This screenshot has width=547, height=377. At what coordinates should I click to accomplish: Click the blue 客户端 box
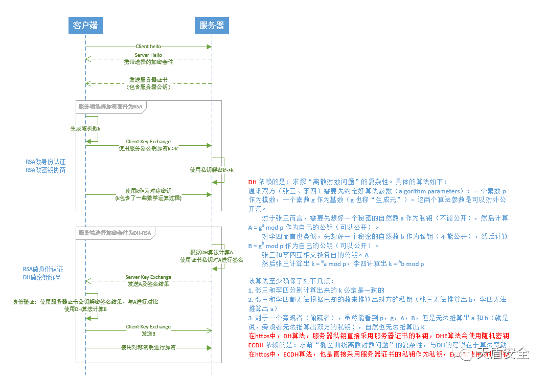85,25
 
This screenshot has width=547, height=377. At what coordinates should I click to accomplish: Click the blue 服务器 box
212,25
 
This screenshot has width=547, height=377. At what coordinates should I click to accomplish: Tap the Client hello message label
149,47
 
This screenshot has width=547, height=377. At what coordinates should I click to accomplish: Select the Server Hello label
148,55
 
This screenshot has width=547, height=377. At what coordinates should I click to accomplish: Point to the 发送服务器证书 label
148,80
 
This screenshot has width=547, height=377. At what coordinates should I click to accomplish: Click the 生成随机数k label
85,128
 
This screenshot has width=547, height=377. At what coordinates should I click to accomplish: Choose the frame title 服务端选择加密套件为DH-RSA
115,233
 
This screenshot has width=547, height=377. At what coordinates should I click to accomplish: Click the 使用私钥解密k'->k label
212,170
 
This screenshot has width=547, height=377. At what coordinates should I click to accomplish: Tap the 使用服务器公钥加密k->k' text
148,148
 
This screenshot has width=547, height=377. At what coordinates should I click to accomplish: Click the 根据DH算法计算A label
212,252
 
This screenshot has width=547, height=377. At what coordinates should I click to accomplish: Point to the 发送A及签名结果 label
148,283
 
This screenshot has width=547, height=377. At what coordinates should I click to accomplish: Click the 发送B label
148,334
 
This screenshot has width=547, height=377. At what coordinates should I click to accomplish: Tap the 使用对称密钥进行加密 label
148,347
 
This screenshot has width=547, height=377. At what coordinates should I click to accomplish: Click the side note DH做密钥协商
42,277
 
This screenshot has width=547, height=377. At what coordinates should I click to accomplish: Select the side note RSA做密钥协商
45,170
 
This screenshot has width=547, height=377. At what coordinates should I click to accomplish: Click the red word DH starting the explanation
253,182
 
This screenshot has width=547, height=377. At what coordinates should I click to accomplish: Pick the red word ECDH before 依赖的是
257,345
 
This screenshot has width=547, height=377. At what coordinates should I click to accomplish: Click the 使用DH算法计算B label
85,309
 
